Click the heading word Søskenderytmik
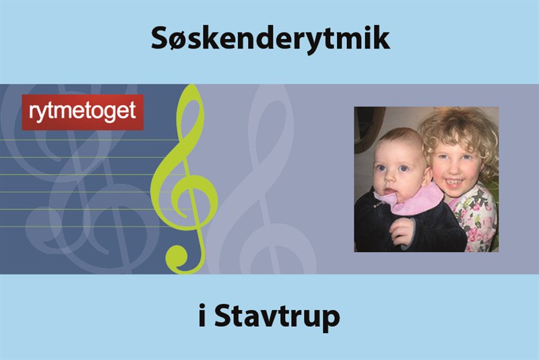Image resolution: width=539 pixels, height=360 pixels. click(x=269, y=38)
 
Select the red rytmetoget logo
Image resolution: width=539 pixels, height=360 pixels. click(x=83, y=112)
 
